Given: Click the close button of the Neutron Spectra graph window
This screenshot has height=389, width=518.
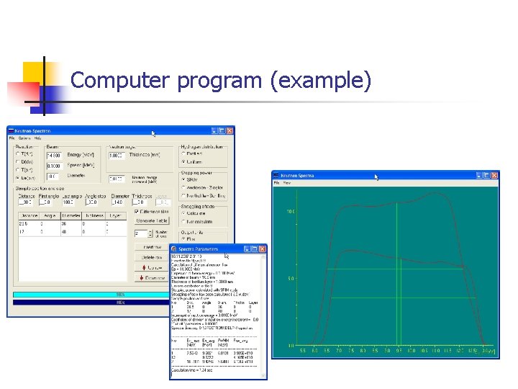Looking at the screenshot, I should pos(494,176).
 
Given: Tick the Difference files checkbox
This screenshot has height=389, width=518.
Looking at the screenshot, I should pos(137,211).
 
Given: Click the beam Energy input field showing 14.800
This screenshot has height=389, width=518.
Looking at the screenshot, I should pos(55,155).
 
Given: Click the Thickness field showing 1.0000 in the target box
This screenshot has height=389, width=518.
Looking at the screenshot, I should pos(116,155).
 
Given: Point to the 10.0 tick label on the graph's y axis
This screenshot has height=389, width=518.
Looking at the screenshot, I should pos(291,212).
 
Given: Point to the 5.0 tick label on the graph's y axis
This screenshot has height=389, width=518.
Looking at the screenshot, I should pos(291,279).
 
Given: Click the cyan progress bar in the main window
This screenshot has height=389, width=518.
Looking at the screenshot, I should pos(120,294).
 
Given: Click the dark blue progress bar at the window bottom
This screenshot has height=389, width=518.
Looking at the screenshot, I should pos(120,303).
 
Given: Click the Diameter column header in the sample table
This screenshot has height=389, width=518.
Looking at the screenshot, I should pos(72,214).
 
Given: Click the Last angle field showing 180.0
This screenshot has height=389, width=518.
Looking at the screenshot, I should pos(71,202).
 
